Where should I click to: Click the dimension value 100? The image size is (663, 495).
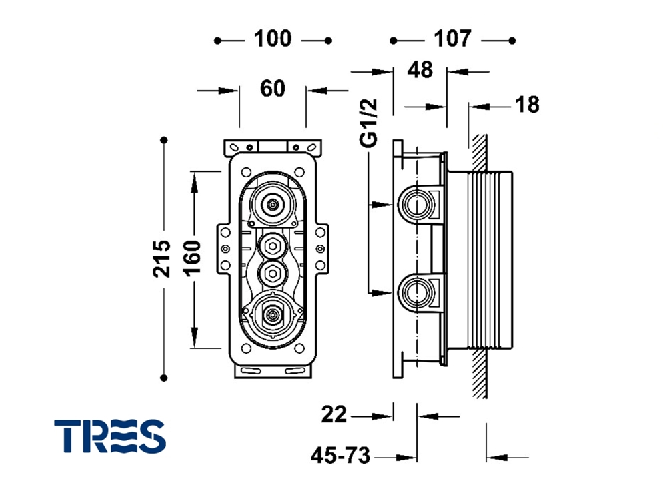pos(273,39)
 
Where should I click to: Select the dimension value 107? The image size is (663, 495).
pos(452,39)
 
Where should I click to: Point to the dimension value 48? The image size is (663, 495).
pos(420,69)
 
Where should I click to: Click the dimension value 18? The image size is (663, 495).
pos(527,105)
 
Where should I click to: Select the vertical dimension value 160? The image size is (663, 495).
pos(193,258)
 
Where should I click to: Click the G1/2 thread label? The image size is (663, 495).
pos(369,122)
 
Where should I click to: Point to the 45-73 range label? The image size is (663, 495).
pos(340,456)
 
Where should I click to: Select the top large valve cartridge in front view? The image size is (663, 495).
pos(271,204)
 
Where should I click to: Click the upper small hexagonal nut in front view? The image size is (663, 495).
pos(271,247)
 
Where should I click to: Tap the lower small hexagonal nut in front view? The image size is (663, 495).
pos(271,272)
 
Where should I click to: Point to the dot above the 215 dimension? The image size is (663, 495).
pos(164,140)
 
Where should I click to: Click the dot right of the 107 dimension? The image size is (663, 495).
pos(512,40)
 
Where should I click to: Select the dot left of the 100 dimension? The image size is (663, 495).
pos(217,40)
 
